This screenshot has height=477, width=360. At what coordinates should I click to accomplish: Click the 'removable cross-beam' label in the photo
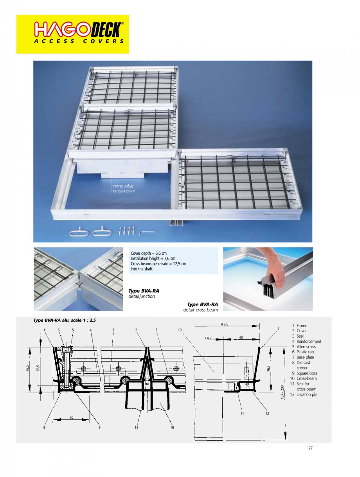123,188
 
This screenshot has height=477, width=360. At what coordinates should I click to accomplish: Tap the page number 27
310,448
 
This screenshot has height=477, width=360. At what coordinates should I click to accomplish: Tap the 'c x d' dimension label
208,337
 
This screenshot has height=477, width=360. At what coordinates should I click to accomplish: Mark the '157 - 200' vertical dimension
282,392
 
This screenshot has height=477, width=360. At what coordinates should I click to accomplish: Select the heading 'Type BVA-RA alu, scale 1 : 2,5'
65,320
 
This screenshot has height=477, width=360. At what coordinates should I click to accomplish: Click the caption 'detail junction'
142,297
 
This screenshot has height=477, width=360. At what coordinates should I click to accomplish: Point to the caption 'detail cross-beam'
200,310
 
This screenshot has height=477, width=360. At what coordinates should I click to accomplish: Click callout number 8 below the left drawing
45,428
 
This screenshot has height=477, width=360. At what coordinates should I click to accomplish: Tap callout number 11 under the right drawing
243,413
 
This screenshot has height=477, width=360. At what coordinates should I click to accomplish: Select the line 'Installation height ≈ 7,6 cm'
153,259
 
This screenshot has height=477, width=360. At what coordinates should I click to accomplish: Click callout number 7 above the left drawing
113,330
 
